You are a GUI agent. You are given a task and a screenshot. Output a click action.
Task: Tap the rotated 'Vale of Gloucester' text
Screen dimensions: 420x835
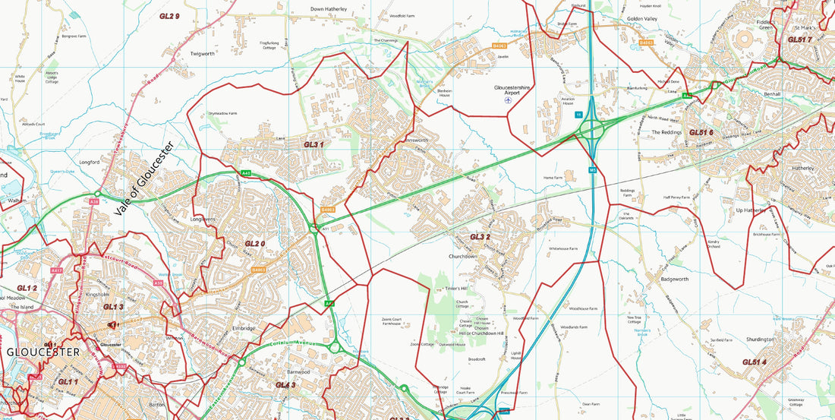click(x=144, y=180)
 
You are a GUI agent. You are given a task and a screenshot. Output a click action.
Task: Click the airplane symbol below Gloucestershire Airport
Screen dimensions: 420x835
click(x=509, y=99)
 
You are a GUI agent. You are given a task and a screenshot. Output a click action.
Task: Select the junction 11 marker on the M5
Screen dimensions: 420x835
click(x=578, y=115)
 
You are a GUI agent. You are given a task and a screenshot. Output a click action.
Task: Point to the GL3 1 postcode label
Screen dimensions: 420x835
click(x=314, y=144)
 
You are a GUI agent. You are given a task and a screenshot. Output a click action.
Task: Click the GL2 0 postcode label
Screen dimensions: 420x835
click(x=254, y=244)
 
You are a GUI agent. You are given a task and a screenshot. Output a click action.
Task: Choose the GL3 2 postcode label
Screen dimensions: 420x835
click(x=480, y=237)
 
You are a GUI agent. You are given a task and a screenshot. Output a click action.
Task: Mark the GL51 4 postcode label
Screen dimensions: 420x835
click(x=754, y=362)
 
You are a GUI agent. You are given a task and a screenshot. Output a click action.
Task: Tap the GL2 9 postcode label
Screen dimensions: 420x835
click(x=169, y=16)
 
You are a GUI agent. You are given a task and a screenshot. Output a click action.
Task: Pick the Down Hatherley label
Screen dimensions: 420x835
click(x=329, y=9)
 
